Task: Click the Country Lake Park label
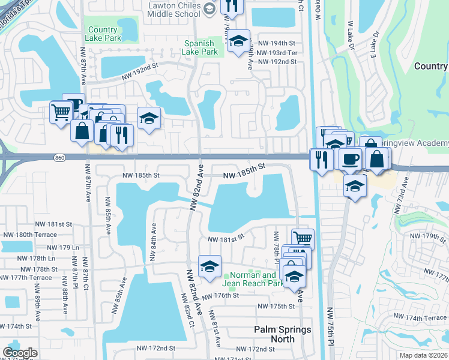click(102, 34)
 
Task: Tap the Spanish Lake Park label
click(200, 48)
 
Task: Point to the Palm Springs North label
click(274, 334)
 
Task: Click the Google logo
click(20, 353)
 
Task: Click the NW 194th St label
click(276, 44)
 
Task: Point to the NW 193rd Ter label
click(277, 53)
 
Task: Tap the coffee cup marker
click(350, 160)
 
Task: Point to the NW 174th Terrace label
click(426, 317)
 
